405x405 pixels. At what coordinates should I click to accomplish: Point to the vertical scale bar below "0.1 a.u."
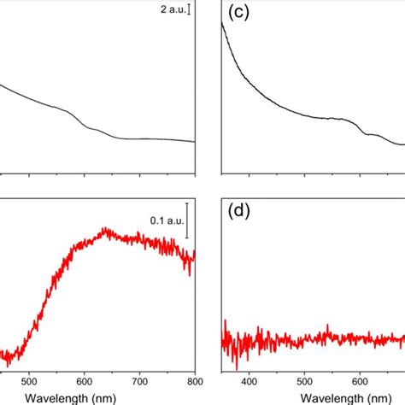[187, 222]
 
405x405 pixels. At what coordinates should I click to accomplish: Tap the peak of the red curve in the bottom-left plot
[105, 228]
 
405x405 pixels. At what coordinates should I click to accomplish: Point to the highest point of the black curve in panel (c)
[222, 22]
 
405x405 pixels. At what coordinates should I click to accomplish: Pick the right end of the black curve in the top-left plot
[195, 142]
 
